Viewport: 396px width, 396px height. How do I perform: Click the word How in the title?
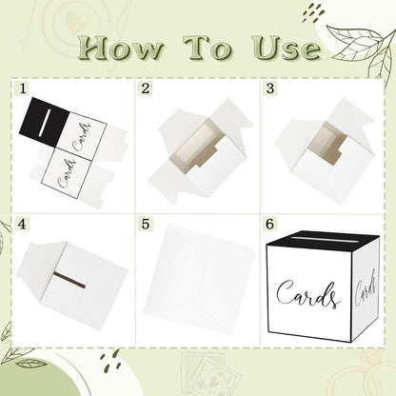point(120,48)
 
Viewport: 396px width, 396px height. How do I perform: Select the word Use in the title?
point(287,48)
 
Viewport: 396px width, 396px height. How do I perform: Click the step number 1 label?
point(23,89)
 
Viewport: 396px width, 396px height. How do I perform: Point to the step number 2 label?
point(146,89)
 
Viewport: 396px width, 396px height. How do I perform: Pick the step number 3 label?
point(270,89)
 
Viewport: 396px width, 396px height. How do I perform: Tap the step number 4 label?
point(22,224)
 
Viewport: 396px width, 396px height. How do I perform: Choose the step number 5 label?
point(146,224)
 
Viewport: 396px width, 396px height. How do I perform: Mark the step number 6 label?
point(269,224)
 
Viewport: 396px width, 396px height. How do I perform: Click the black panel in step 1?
point(44,122)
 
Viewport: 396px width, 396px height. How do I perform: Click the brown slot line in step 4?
point(69,280)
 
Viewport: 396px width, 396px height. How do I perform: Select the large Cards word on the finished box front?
point(307,293)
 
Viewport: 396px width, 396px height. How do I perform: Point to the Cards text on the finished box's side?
point(366,288)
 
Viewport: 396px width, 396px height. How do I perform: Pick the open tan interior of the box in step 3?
point(327,143)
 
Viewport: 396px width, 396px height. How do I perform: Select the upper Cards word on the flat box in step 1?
point(83,137)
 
